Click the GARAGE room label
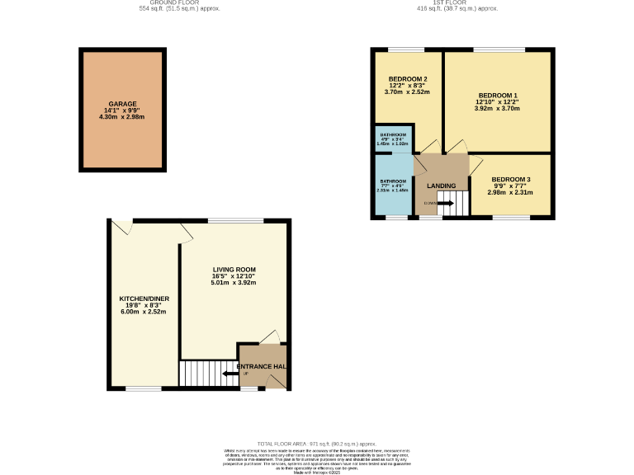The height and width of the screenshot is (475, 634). (121, 105)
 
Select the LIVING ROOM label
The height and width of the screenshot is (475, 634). (234, 270)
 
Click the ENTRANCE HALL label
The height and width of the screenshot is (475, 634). (263, 366)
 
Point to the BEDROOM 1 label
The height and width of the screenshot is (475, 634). (497, 95)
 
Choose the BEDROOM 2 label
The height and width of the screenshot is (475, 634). (408, 79)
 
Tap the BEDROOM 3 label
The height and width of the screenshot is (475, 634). (510, 180)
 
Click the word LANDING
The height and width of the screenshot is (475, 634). (441, 186)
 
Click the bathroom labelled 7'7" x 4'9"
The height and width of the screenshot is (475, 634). (393, 181)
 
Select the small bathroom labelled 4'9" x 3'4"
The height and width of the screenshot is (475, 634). (393, 135)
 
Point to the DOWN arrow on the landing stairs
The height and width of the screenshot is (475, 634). (445, 203)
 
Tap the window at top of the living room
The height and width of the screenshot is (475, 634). (225, 220)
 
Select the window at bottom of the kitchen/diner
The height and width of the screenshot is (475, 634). (138, 388)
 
